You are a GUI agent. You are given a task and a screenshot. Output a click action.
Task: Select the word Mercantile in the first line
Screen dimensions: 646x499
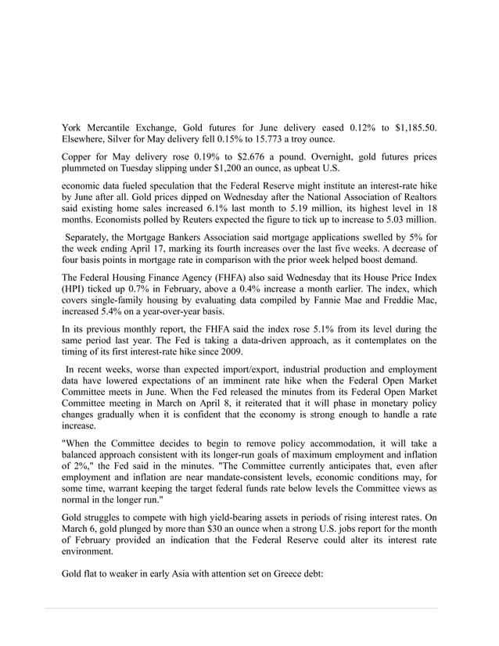[117, 127]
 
